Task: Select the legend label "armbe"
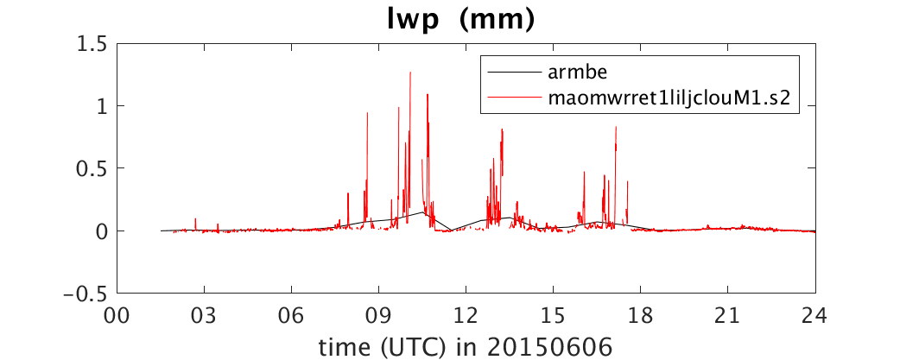click(566, 72)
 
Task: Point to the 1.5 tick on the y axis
click(93, 43)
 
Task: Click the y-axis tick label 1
click(104, 106)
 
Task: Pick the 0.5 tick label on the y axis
click(93, 168)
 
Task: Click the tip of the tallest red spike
click(410, 73)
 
